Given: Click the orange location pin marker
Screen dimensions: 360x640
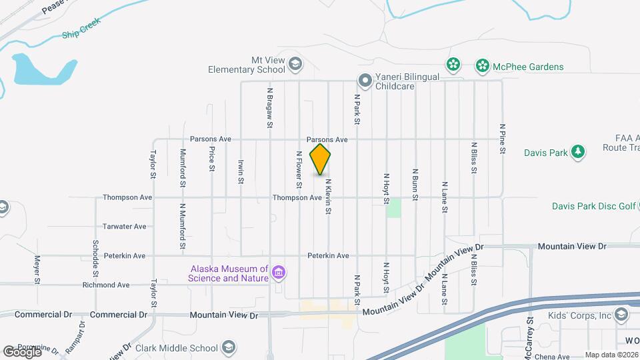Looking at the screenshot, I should tap(321, 159).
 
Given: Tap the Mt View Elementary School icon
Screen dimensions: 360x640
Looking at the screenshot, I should tap(296, 65).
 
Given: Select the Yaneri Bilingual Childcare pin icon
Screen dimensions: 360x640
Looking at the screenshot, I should tap(365, 81).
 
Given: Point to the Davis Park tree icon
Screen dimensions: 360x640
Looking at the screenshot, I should tap(579, 152).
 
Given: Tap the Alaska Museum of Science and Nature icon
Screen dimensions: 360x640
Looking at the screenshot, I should tap(279, 273).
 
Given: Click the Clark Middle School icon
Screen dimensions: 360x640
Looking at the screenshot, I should tap(228, 347).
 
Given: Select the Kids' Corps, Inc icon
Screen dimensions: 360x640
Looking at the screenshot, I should tap(621, 315).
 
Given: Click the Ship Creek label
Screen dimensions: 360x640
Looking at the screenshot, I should tap(80, 33).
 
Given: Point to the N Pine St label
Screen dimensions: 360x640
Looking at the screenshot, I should tap(502, 139).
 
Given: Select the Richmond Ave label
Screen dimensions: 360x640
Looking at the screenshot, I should tap(105, 285).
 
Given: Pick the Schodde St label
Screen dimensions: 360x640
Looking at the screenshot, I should tap(96, 259).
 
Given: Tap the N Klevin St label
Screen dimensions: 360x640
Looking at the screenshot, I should tap(328, 196).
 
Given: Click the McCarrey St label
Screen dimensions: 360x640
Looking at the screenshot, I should tap(528, 339).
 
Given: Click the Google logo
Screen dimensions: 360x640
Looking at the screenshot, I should tap(22, 351).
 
